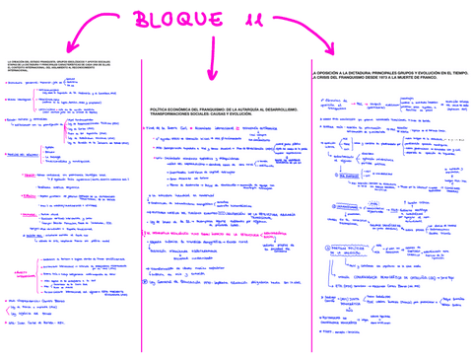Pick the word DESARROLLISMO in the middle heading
pyautogui.click(x=277, y=106)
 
